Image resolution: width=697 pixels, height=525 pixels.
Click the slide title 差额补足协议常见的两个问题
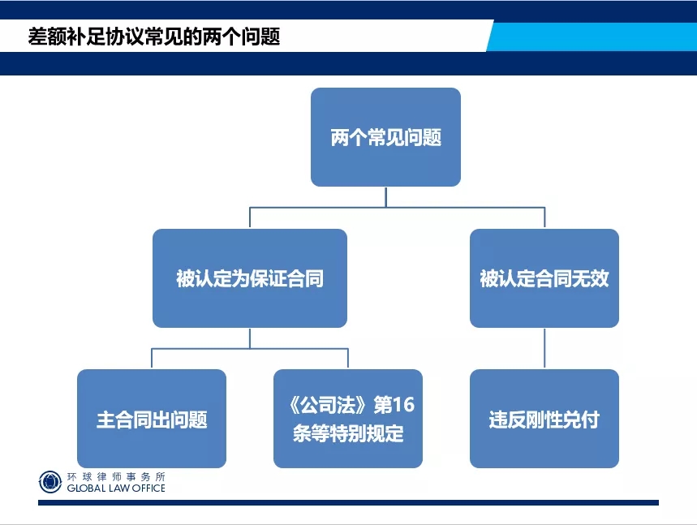[x=154, y=37]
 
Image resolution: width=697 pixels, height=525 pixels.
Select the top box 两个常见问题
[x=385, y=137]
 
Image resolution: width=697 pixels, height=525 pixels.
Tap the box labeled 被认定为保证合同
[x=249, y=278]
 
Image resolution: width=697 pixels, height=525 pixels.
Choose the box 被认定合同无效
[x=544, y=278]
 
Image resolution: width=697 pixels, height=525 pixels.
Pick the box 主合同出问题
[x=152, y=419]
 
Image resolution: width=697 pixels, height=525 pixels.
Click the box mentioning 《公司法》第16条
[x=347, y=419]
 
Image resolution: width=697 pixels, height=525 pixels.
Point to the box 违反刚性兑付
[x=544, y=419]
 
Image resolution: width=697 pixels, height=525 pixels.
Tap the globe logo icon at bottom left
[x=49, y=482]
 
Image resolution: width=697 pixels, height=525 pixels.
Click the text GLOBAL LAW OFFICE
[x=116, y=488]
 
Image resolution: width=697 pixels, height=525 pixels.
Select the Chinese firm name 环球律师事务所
[x=116, y=477]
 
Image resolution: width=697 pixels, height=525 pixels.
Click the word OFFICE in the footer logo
[x=148, y=488]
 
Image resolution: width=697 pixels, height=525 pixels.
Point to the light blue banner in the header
[x=592, y=36]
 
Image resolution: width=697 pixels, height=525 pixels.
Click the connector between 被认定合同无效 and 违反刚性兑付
[x=544, y=349]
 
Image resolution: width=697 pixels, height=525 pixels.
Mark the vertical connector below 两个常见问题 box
[x=385, y=197]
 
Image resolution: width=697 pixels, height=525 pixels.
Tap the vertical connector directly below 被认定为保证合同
[x=250, y=338]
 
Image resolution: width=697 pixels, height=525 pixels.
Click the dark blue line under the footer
[x=348, y=502]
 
